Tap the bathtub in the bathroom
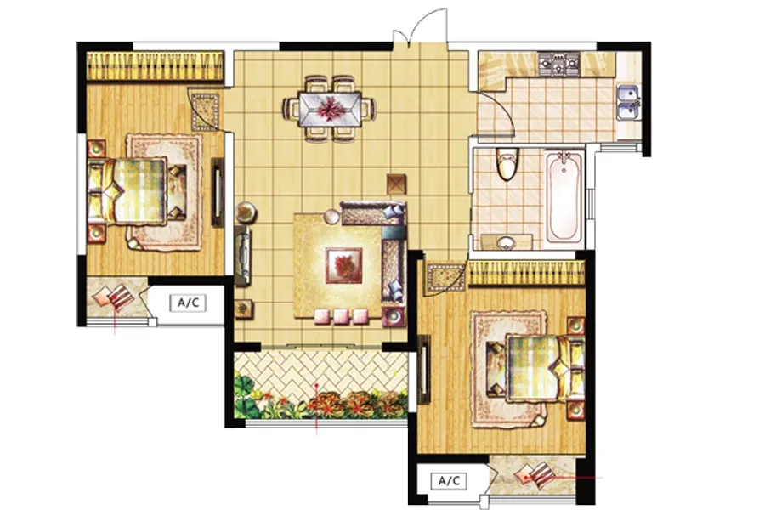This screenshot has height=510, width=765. click(564, 198)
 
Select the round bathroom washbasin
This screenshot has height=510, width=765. click(506, 242)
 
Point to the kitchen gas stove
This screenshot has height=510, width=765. click(559, 62)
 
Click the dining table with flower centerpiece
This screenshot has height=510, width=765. click(330, 108)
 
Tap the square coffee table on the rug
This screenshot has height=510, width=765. click(344, 265)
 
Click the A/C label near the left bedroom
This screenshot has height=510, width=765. click(189, 303)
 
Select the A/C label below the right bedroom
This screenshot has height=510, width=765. click(449, 481)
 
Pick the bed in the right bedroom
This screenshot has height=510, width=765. click(536, 367)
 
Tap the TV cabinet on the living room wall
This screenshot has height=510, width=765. click(242, 255)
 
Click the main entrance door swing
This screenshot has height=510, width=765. click(421, 27)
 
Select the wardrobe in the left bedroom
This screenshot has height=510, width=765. click(156, 66)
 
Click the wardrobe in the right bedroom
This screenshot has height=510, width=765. click(527, 273)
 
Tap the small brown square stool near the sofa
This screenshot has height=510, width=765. click(397, 184)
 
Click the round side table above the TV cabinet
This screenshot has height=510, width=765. click(246, 212)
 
